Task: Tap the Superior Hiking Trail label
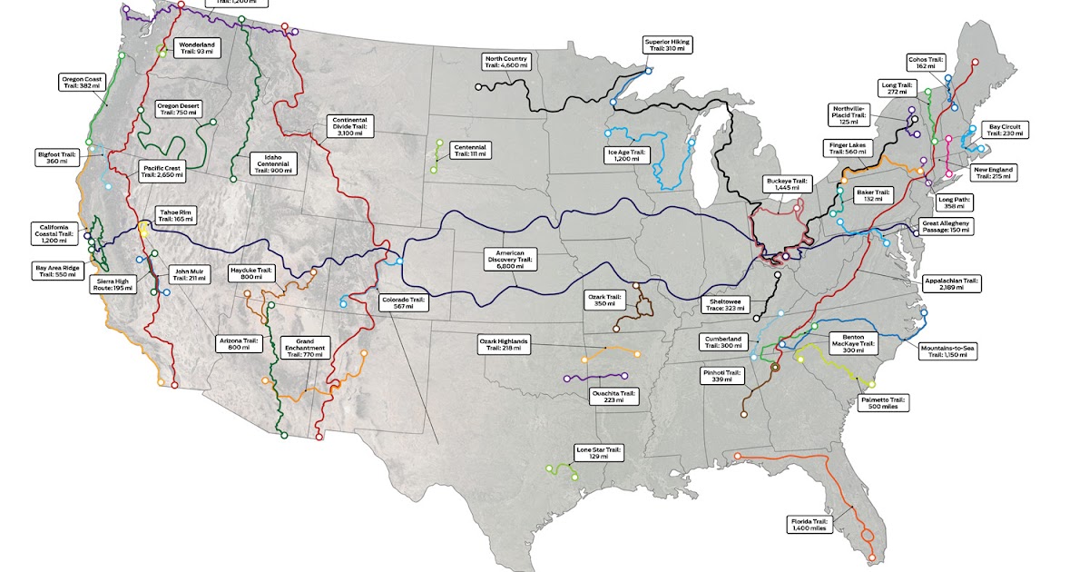[668, 45]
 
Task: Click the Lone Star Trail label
[598, 452]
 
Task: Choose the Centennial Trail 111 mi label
[470, 150]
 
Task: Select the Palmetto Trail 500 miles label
[883, 403]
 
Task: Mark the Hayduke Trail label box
[251, 273]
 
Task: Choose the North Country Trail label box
[506, 62]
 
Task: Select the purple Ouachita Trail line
[596, 375]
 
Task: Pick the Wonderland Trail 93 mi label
[197, 47]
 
